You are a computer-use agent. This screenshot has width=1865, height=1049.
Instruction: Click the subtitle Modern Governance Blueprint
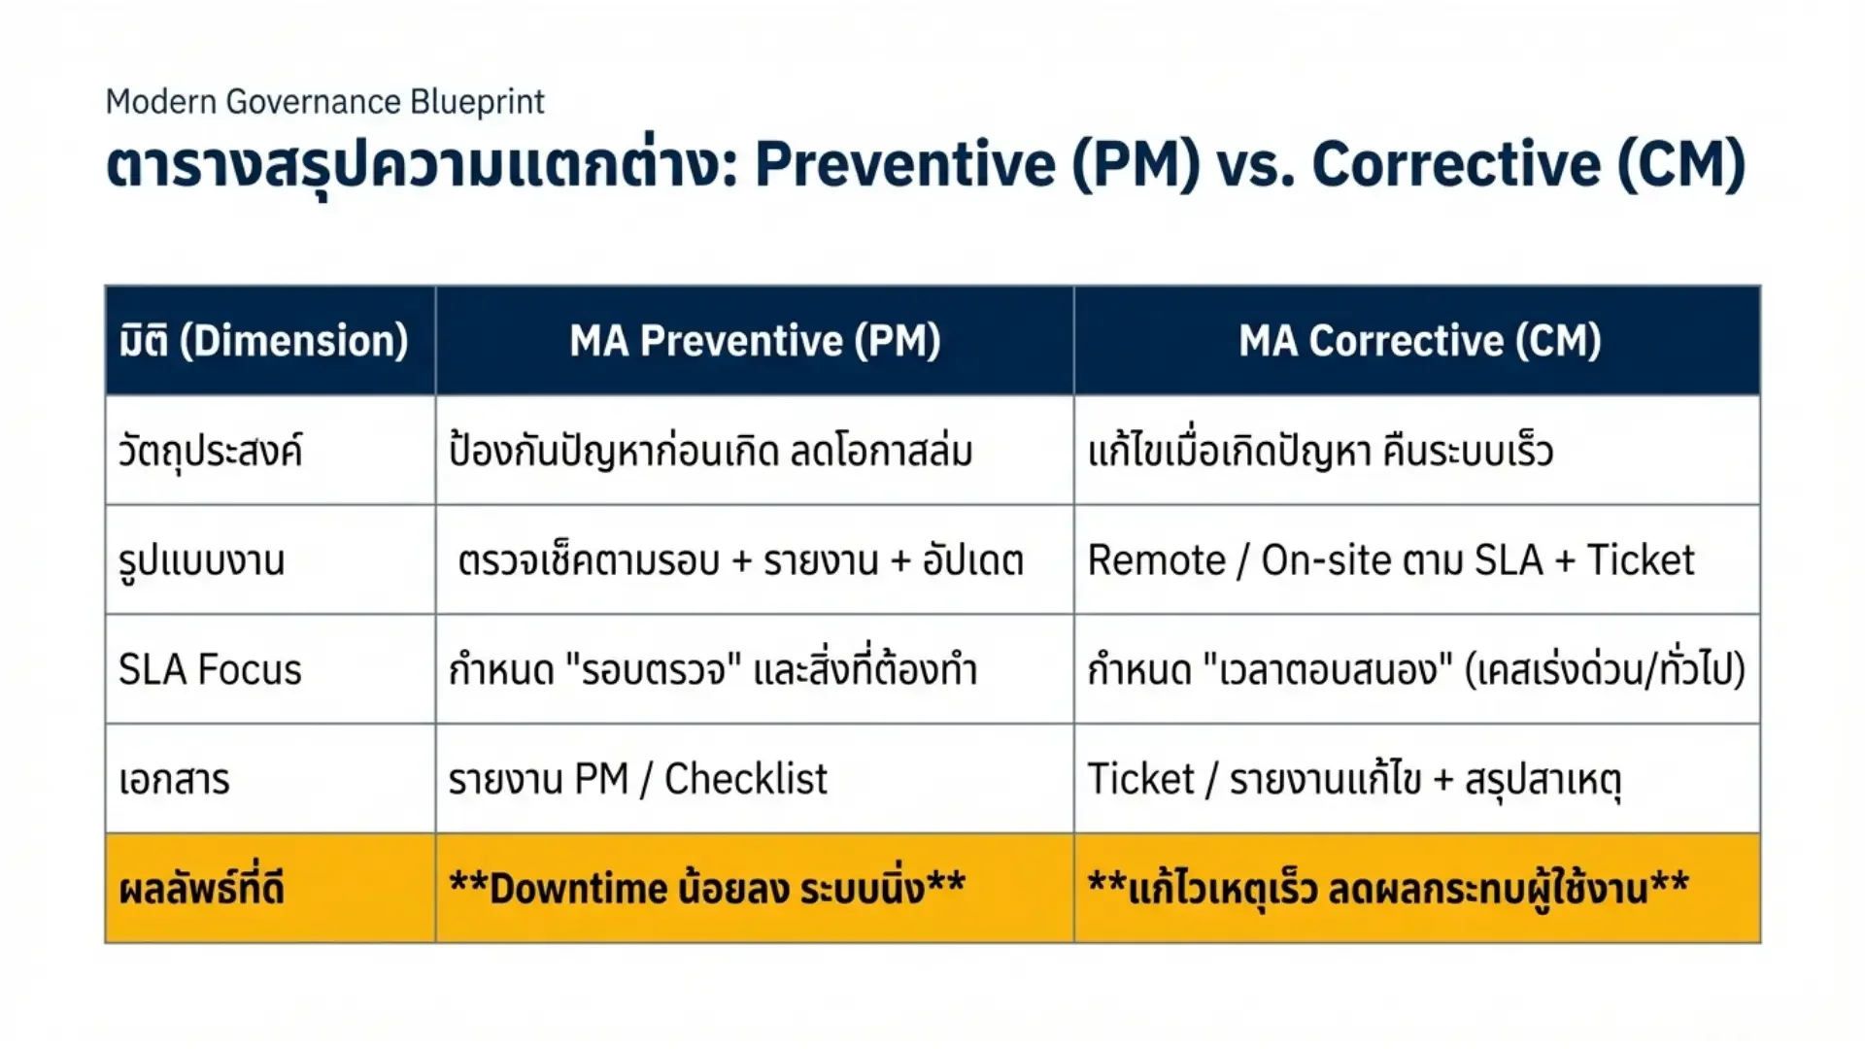324,102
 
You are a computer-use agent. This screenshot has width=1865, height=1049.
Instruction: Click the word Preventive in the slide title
904,164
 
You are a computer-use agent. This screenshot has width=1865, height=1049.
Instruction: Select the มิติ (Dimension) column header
263,341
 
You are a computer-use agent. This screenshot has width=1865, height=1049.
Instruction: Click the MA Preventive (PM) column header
755,341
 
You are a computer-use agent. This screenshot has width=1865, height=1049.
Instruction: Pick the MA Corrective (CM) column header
1419,341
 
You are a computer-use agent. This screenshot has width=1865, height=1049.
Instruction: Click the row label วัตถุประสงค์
210,451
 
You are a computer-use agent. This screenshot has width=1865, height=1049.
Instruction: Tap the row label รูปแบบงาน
201,561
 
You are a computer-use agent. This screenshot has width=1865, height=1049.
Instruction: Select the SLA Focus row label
210,670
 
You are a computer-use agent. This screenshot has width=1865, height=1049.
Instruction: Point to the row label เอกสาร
174,779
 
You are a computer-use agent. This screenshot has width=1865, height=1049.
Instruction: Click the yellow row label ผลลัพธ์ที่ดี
201,888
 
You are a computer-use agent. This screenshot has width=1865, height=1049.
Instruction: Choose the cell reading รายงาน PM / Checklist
637,779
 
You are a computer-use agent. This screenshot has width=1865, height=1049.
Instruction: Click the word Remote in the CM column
1156,560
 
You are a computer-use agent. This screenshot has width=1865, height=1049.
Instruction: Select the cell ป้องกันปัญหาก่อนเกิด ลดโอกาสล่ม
710,451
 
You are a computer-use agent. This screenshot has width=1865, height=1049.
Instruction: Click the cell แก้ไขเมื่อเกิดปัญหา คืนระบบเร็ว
1320,451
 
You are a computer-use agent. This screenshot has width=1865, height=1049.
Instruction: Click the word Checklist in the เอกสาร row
745,779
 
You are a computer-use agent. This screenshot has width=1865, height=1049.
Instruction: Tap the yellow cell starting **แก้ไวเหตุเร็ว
1388,888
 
